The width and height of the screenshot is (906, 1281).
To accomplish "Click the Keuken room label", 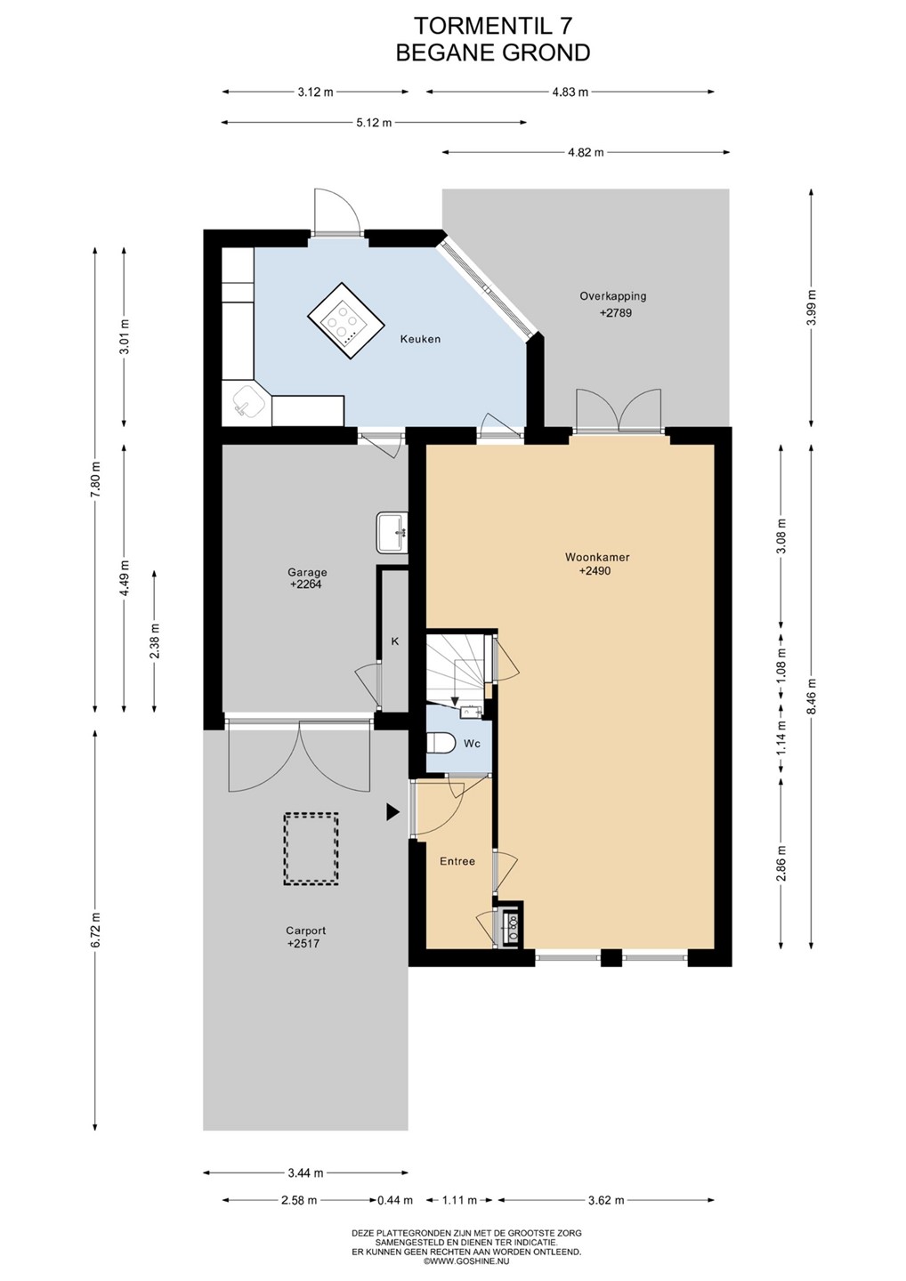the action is (x=420, y=339).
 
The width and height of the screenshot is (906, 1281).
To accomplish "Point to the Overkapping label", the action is (x=612, y=296).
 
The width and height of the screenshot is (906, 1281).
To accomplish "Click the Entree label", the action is (x=457, y=861).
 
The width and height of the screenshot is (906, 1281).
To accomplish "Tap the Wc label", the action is (x=472, y=744).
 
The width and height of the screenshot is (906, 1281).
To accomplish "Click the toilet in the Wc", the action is (x=441, y=744).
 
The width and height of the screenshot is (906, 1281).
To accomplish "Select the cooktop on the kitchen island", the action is (x=344, y=321).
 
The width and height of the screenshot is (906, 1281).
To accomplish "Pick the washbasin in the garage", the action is (x=392, y=533).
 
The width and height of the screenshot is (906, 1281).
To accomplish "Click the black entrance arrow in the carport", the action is (x=392, y=812).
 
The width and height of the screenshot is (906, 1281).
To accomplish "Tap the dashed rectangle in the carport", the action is (x=311, y=850).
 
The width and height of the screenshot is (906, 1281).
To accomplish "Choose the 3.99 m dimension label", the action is (x=813, y=308).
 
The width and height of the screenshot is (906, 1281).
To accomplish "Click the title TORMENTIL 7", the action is (x=492, y=27).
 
